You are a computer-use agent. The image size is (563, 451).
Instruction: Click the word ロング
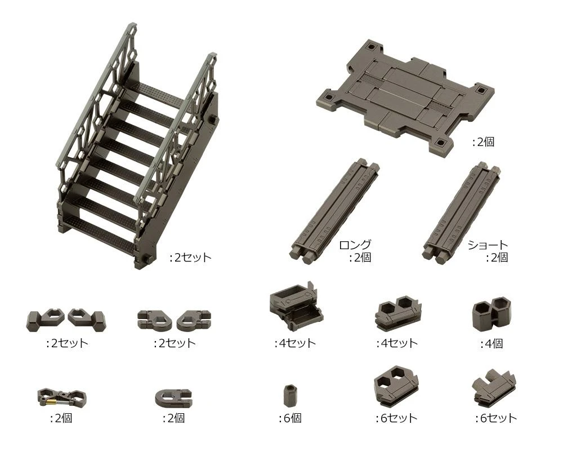point(355,245)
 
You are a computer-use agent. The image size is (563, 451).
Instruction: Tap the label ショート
point(488,245)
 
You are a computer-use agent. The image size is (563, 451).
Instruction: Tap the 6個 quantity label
point(290,418)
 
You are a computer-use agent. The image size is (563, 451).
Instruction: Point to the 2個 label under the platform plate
point(482,142)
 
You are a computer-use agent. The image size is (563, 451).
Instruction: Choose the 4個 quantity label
point(491,343)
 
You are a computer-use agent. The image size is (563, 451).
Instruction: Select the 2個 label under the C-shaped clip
point(173,418)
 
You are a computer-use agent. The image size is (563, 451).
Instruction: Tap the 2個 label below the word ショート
point(497,258)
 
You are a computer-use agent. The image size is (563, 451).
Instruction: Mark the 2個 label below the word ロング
point(360,258)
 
